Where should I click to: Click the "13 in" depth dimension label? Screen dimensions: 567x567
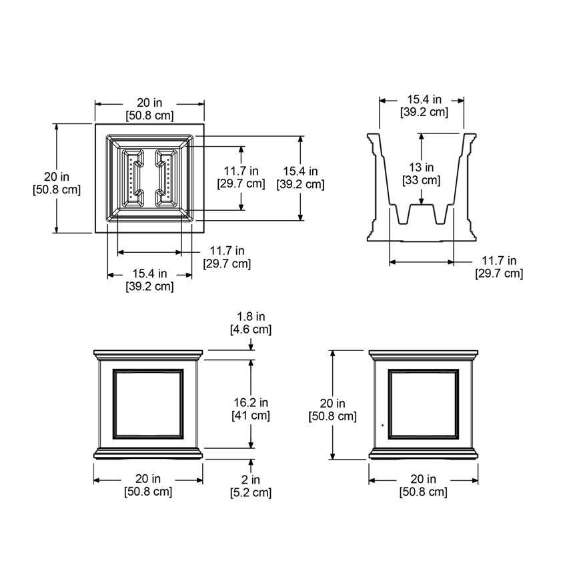421,167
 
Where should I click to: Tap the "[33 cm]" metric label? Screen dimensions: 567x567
421,180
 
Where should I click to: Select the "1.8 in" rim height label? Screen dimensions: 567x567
251,316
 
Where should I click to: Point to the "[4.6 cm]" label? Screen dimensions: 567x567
251,330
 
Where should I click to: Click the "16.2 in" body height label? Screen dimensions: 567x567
251,402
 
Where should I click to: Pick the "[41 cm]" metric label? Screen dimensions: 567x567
251,416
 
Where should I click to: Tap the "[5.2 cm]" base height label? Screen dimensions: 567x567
251,493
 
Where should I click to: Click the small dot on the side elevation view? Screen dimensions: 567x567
382,424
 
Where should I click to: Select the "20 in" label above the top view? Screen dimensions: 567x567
149,103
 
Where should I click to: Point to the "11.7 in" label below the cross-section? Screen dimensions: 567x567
499,260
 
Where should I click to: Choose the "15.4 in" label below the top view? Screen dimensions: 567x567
149,273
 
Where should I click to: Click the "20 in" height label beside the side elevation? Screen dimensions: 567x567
332,403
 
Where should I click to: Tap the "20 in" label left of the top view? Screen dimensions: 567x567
57,177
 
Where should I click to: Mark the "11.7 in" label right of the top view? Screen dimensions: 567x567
241,171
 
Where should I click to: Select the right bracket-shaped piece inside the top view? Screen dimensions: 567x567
162,178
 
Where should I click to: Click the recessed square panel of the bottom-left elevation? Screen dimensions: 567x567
149,404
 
